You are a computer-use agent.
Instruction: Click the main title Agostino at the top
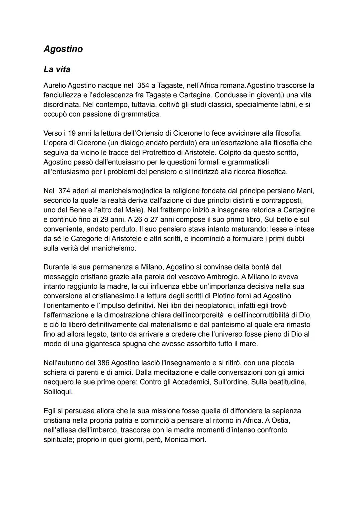(63, 49)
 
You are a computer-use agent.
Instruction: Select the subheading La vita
(57, 70)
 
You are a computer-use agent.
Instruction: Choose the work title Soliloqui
(58, 392)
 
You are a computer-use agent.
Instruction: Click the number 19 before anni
(72, 133)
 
